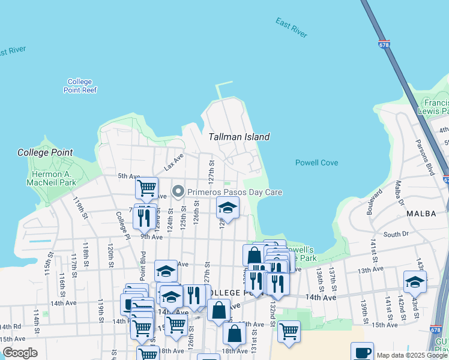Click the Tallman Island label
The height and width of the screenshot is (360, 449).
[x=239, y=137]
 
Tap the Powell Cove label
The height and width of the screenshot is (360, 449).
[x=316, y=163]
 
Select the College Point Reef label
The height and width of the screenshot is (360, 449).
[x=80, y=86]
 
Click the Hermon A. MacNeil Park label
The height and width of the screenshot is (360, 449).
[x=53, y=178]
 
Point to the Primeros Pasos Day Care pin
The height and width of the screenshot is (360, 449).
[x=178, y=192]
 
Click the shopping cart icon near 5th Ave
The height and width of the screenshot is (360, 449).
[x=146, y=188]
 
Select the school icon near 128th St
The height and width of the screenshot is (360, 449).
[x=228, y=208]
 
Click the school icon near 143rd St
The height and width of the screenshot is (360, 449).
[x=415, y=281]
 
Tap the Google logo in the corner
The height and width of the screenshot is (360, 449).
[x=20, y=353]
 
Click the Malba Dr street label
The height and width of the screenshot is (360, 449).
[x=399, y=192]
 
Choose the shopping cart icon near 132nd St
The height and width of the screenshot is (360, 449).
[x=289, y=330]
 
